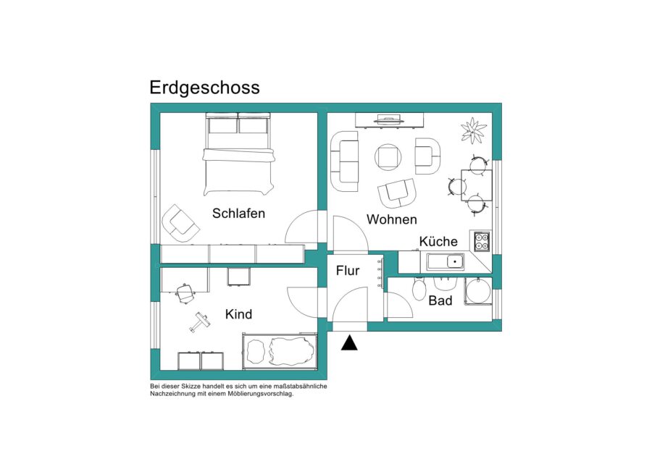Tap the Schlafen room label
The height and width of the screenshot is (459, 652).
pyautogui.click(x=238, y=214)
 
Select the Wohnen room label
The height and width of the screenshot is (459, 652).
pyautogui.click(x=392, y=219)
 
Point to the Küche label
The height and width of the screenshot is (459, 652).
pyautogui.click(x=438, y=241)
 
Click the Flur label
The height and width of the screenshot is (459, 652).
pyautogui.click(x=348, y=271)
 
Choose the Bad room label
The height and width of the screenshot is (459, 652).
pyautogui.click(x=440, y=300)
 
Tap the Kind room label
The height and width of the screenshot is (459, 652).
pyautogui.click(x=238, y=314)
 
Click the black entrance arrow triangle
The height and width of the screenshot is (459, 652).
pyautogui.click(x=349, y=343)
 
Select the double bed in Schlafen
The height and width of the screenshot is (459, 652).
pyautogui.click(x=238, y=154)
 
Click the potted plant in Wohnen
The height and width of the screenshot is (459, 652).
pyautogui.click(x=473, y=131)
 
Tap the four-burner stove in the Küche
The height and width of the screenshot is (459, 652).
pyautogui.click(x=482, y=242)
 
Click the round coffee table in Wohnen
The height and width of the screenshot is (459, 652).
pyautogui.click(x=388, y=157)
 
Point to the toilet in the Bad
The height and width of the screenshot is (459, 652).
pyautogui.click(x=419, y=287)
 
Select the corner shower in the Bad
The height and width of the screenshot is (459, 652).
pyautogui.click(x=478, y=291)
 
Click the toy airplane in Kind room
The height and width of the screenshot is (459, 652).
pyautogui.click(x=200, y=322)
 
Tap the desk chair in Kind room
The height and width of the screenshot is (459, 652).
pyautogui.click(x=185, y=293)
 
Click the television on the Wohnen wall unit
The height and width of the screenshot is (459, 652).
pyautogui.click(x=389, y=120)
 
